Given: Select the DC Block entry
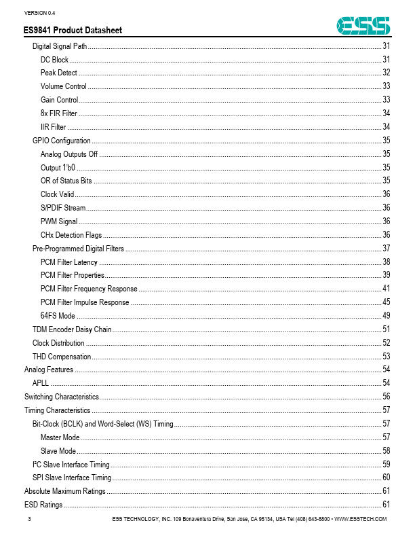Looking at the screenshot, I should pos(54,59).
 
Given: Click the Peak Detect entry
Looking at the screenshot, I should pos(58,73).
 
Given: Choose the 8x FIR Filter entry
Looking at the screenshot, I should pos(58,113).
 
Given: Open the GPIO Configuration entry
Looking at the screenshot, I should pos(62,140).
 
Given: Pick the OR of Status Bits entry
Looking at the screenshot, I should pos(66,181).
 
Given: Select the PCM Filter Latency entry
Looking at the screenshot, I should pos(69,262).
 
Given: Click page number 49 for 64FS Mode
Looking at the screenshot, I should pos(386,316).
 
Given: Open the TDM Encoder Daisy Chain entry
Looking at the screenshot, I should pos(72,329).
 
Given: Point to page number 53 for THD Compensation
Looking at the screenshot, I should pos(386,356).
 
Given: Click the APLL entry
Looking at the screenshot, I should pos(40,383).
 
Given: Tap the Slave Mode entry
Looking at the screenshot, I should pos(58,450).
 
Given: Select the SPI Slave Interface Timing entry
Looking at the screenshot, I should pos(72,478).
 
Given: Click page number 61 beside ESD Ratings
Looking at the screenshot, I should pos(386,505).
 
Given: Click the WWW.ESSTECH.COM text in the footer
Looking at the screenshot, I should pos(361,520).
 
